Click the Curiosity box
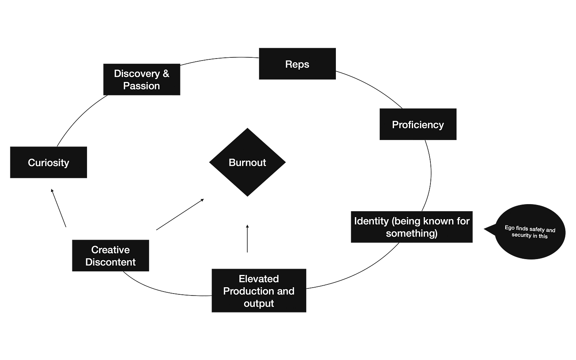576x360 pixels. [x=48, y=163]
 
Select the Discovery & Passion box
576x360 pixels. [x=141, y=79]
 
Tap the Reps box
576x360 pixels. [x=297, y=64]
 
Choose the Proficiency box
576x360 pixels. [x=418, y=125]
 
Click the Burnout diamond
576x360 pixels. [x=247, y=162]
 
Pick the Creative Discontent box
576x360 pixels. [x=110, y=256]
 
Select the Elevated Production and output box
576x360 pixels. [x=259, y=291]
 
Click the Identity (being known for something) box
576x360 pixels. [x=411, y=227]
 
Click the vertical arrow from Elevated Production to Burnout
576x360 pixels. [x=247, y=237]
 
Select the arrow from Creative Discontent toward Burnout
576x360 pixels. [x=180, y=214]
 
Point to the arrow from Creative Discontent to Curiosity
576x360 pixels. [x=59, y=208]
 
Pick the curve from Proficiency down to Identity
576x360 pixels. [x=430, y=174]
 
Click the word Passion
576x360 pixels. [x=141, y=86]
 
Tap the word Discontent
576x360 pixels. [x=110, y=262]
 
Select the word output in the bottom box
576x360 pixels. [x=259, y=303]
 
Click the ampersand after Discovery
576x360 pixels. [x=165, y=74]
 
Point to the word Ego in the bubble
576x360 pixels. [x=510, y=227]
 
